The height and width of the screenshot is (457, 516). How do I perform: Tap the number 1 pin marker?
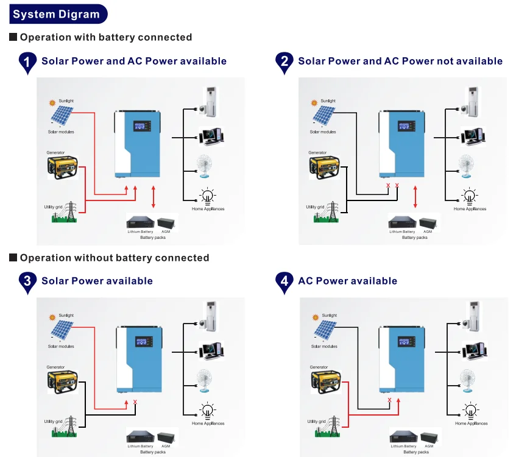(x=27, y=62)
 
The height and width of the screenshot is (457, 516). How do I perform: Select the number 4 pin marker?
(x=283, y=282)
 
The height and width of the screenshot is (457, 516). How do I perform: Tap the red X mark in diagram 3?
(x=135, y=402)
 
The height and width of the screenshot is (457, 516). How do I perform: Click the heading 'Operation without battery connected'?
(x=115, y=258)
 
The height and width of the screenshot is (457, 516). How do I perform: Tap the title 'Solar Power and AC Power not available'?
(x=400, y=61)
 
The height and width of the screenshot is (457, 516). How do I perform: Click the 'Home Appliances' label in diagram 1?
(x=208, y=209)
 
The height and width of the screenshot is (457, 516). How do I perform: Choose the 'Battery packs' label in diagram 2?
(x=415, y=238)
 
